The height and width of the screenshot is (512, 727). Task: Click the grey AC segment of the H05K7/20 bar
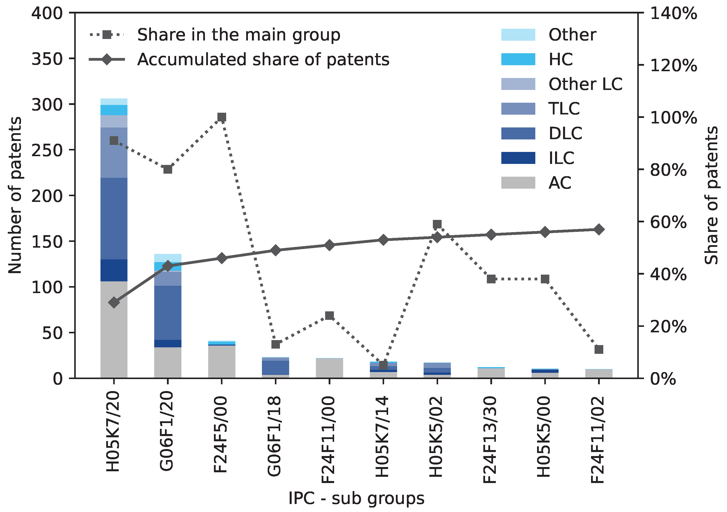pos(114,329)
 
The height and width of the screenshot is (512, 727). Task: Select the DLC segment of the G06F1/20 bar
pos(168,313)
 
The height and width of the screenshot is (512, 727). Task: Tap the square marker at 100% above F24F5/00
pos(222,117)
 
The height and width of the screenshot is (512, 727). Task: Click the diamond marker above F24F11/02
pos(599,230)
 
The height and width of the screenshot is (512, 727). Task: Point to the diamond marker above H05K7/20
pos(114,303)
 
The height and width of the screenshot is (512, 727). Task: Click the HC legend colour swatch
pos(518,59)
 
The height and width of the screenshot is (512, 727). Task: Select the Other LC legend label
pos(585,84)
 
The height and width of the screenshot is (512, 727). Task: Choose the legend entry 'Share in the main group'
pos(238,34)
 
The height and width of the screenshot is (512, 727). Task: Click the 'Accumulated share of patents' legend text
pos(263,59)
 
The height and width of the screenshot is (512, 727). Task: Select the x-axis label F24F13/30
pos(490,440)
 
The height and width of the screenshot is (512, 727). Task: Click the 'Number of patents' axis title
pos(15,195)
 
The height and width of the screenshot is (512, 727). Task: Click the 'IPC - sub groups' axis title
pos(356,499)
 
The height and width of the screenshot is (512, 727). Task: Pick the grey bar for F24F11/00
pos(329,368)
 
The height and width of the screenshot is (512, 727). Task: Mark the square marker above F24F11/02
pos(599,350)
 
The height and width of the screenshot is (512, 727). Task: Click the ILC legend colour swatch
pos(518,158)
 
